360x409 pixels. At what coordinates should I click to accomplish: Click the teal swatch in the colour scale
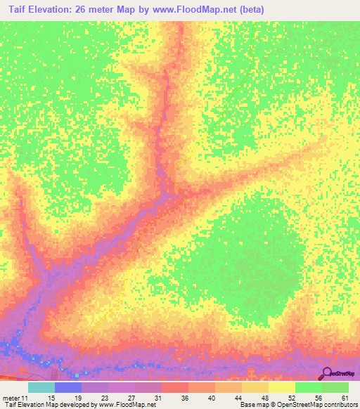pos(41,387)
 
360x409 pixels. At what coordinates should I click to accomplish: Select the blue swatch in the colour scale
pos(68,387)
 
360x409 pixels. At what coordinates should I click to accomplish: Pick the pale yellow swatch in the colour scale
pos(281,387)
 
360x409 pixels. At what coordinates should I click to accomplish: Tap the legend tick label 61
pos(345,398)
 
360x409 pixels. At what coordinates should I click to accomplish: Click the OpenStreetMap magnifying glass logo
pos(328,373)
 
